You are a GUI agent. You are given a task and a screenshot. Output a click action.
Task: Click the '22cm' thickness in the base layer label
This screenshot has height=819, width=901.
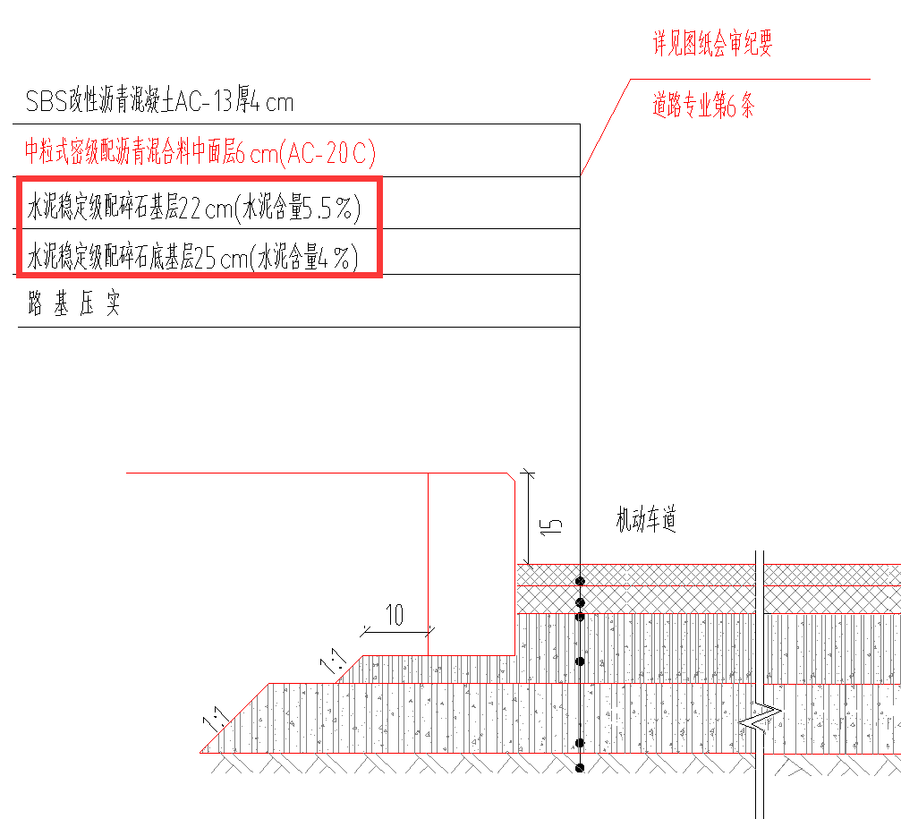[x=205, y=209]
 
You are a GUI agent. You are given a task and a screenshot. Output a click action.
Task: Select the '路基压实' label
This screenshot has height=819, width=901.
[x=73, y=305]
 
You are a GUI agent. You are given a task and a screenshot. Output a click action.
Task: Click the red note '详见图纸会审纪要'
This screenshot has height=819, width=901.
[x=712, y=45]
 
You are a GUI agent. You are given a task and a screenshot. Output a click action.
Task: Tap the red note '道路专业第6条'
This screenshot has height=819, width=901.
[x=703, y=107]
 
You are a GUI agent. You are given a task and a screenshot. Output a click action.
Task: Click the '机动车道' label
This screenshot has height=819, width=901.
[x=645, y=519]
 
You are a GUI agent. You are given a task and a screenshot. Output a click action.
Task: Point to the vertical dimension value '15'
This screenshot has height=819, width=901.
[x=554, y=525]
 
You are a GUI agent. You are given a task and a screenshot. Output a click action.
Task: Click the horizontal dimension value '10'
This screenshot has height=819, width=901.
[x=395, y=616]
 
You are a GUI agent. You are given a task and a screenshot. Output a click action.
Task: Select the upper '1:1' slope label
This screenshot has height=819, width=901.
[x=334, y=663]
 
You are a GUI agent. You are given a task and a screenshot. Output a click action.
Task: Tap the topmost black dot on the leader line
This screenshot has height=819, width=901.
[x=580, y=581]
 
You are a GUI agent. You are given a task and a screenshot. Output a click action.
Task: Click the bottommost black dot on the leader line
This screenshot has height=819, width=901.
[x=580, y=767]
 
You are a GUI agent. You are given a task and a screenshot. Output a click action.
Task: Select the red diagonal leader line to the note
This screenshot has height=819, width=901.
[x=604, y=129]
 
